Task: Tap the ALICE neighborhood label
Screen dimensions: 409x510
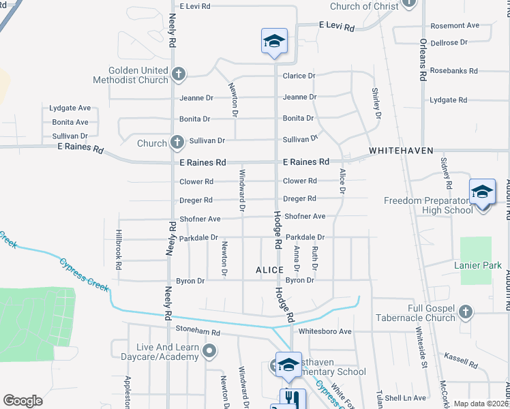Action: click(269, 270)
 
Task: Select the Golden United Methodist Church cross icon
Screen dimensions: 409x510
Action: click(179, 73)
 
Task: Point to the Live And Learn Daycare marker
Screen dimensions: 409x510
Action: click(209, 351)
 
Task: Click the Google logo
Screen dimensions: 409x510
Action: click(22, 401)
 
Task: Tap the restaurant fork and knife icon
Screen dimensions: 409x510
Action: click(292, 399)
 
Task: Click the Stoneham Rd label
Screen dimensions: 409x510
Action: click(198, 333)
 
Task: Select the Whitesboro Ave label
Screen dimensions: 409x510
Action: click(325, 331)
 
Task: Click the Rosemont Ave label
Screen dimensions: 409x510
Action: click(454, 26)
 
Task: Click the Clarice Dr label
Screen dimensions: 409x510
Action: click(299, 76)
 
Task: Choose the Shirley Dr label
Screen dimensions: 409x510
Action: click(376, 102)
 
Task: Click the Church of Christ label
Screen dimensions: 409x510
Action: click(363, 6)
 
